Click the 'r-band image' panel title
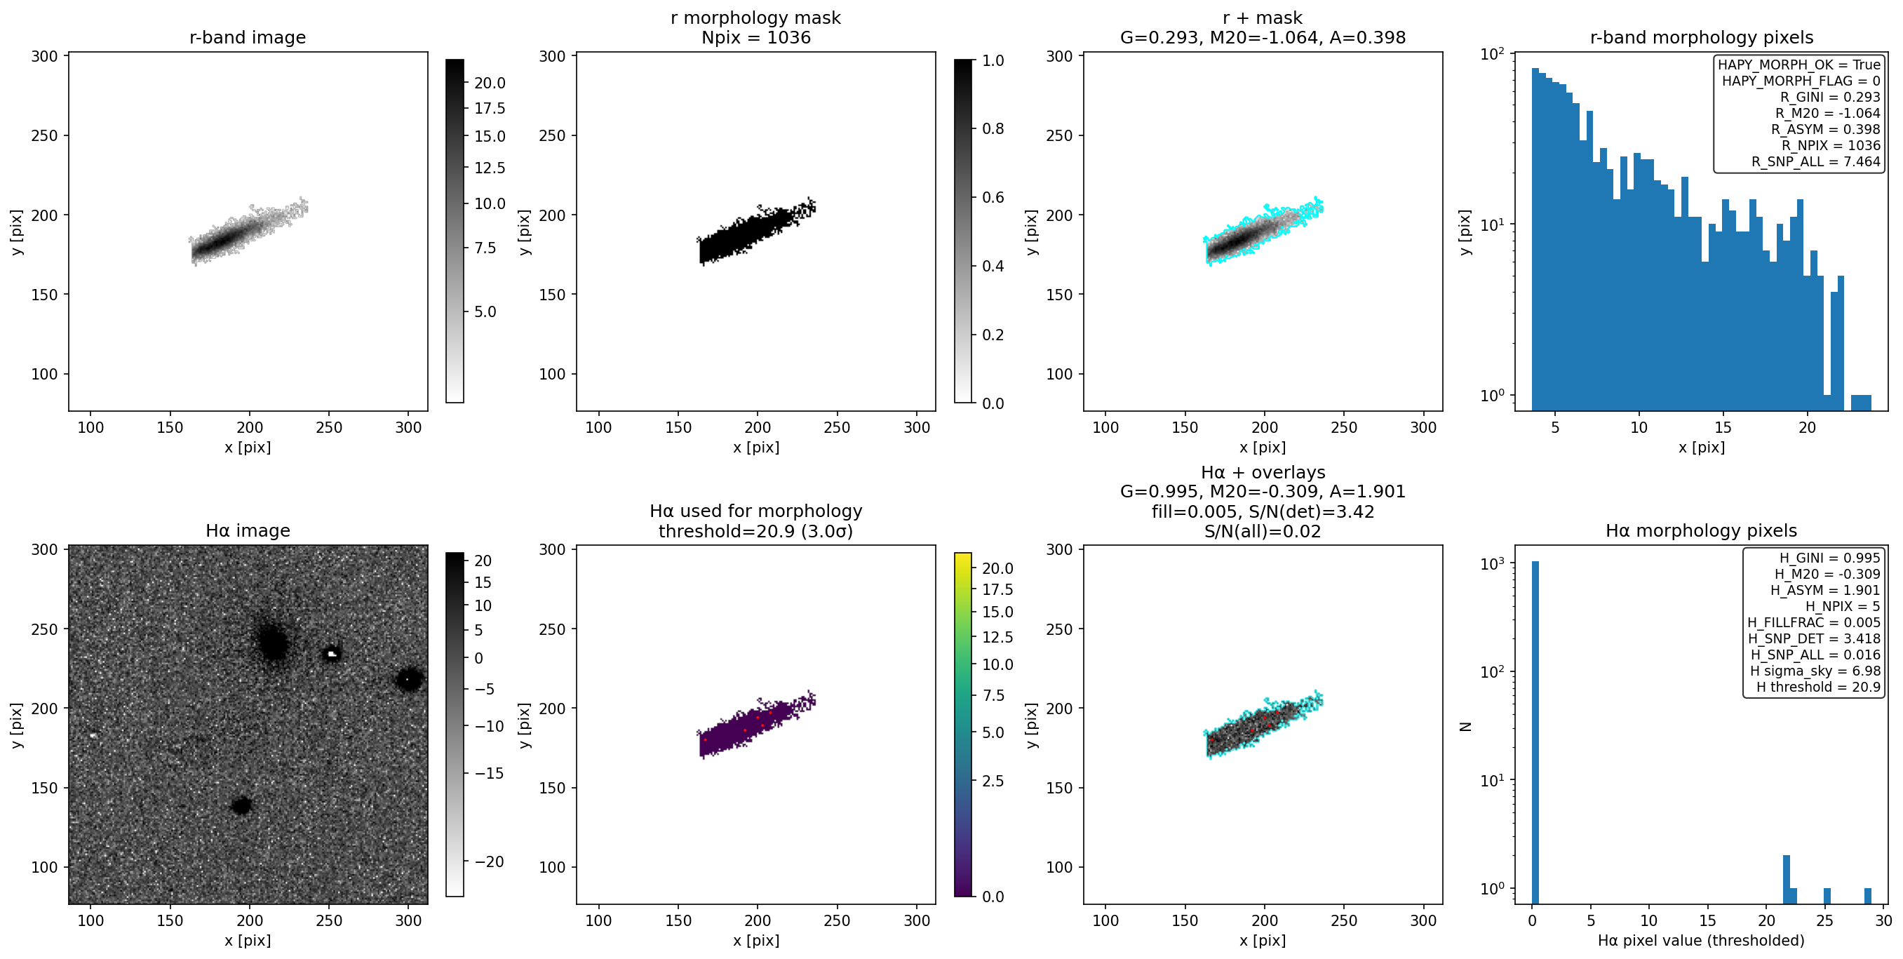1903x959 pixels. click(x=248, y=37)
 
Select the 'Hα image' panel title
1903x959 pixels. click(x=248, y=530)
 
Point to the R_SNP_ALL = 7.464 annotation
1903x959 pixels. click(x=1816, y=162)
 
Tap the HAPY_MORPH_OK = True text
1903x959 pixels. click(x=1799, y=65)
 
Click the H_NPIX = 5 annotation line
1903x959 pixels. click(x=1843, y=607)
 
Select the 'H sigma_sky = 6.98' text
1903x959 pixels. click(x=1815, y=671)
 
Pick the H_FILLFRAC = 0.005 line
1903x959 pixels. click(x=1814, y=623)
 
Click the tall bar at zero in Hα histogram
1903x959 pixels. click(x=1535, y=732)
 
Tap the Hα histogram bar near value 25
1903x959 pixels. click(x=1827, y=895)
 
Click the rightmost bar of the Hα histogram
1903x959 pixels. click(x=1867, y=895)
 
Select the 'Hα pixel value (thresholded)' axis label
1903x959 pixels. click(x=1700, y=941)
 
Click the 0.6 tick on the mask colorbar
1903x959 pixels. click(x=993, y=197)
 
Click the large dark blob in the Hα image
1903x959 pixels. click(x=274, y=642)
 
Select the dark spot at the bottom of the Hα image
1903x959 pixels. click(x=241, y=805)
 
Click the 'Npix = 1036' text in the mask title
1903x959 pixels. click(x=755, y=37)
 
